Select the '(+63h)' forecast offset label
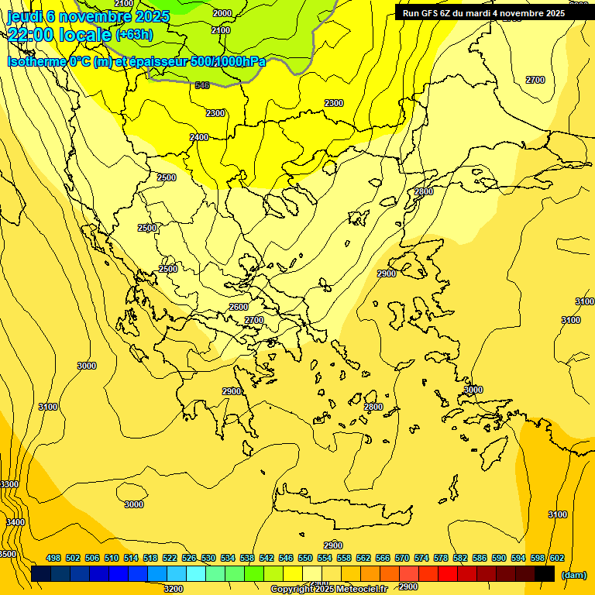tap(134, 35)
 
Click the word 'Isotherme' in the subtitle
tap(36, 61)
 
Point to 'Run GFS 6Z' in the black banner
tap(427, 13)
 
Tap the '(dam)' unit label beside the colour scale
tap(573, 574)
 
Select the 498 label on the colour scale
tap(53, 558)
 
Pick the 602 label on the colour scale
tap(556, 558)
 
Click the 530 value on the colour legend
tap(208, 558)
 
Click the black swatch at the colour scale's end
tap(545, 573)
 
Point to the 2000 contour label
tap(222, 13)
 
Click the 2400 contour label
tap(199, 137)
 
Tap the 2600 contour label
tap(239, 307)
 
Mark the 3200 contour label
tap(174, 588)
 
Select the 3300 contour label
tap(9, 484)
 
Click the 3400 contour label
tap(15, 522)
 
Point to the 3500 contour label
tap(7, 554)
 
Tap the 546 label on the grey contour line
tap(202, 85)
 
